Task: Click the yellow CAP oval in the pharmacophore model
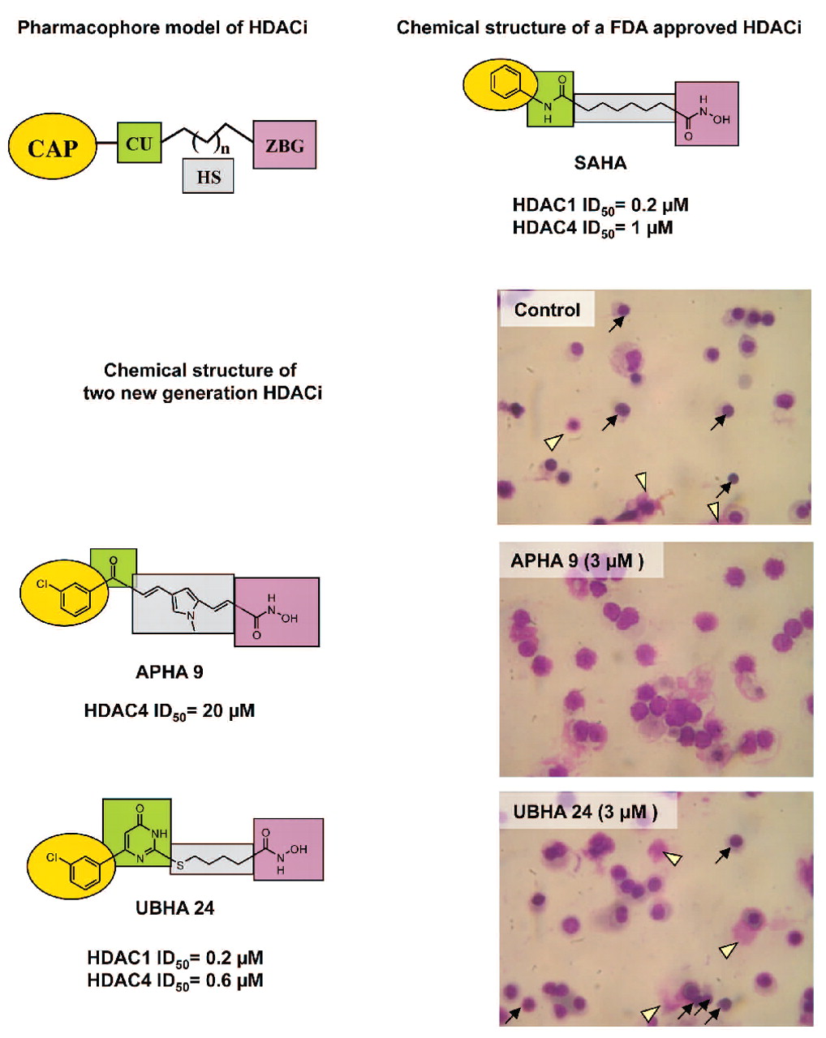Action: click(53, 148)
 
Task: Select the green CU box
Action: click(139, 144)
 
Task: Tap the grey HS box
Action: click(209, 176)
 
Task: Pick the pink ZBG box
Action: click(284, 145)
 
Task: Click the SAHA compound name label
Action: click(600, 163)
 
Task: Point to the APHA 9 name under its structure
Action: click(170, 671)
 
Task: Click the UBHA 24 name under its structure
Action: click(174, 907)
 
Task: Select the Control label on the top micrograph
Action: click(547, 310)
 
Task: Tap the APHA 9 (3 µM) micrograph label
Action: click(577, 561)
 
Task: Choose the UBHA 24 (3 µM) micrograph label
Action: click(585, 812)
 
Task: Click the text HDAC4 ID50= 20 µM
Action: click(170, 711)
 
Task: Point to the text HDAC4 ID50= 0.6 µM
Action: click(174, 980)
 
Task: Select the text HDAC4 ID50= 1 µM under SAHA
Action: click(592, 228)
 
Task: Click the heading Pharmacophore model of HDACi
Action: click(162, 28)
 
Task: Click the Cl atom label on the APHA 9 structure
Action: click(41, 583)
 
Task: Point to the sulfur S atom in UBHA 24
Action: click(180, 866)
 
